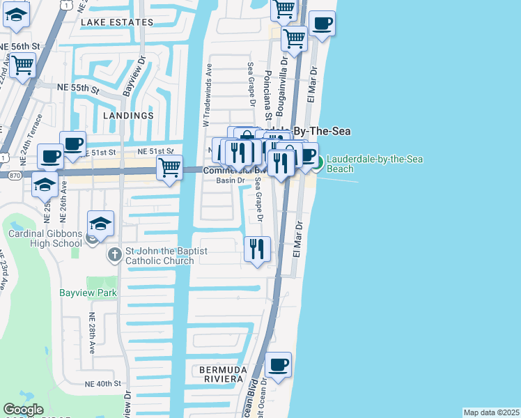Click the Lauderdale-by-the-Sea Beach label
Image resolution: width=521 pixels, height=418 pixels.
(x=374, y=164)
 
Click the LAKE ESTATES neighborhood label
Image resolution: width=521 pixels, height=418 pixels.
(x=116, y=22)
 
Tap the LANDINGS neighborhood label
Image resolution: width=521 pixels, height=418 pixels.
(x=128, y=116)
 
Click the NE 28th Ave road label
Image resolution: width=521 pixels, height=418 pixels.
(x=91, y=333)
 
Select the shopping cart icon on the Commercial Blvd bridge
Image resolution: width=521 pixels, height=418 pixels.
(x=170, y=168)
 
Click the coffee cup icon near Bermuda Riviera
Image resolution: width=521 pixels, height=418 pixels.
(x=278, y=365)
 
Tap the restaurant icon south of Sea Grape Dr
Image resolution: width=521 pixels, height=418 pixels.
(x=257, y=247)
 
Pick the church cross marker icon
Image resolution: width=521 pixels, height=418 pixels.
(x=116, y=256)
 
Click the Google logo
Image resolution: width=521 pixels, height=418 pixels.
(x=23, y=410)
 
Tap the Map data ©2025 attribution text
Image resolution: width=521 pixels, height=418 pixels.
(x=491, y=412)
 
